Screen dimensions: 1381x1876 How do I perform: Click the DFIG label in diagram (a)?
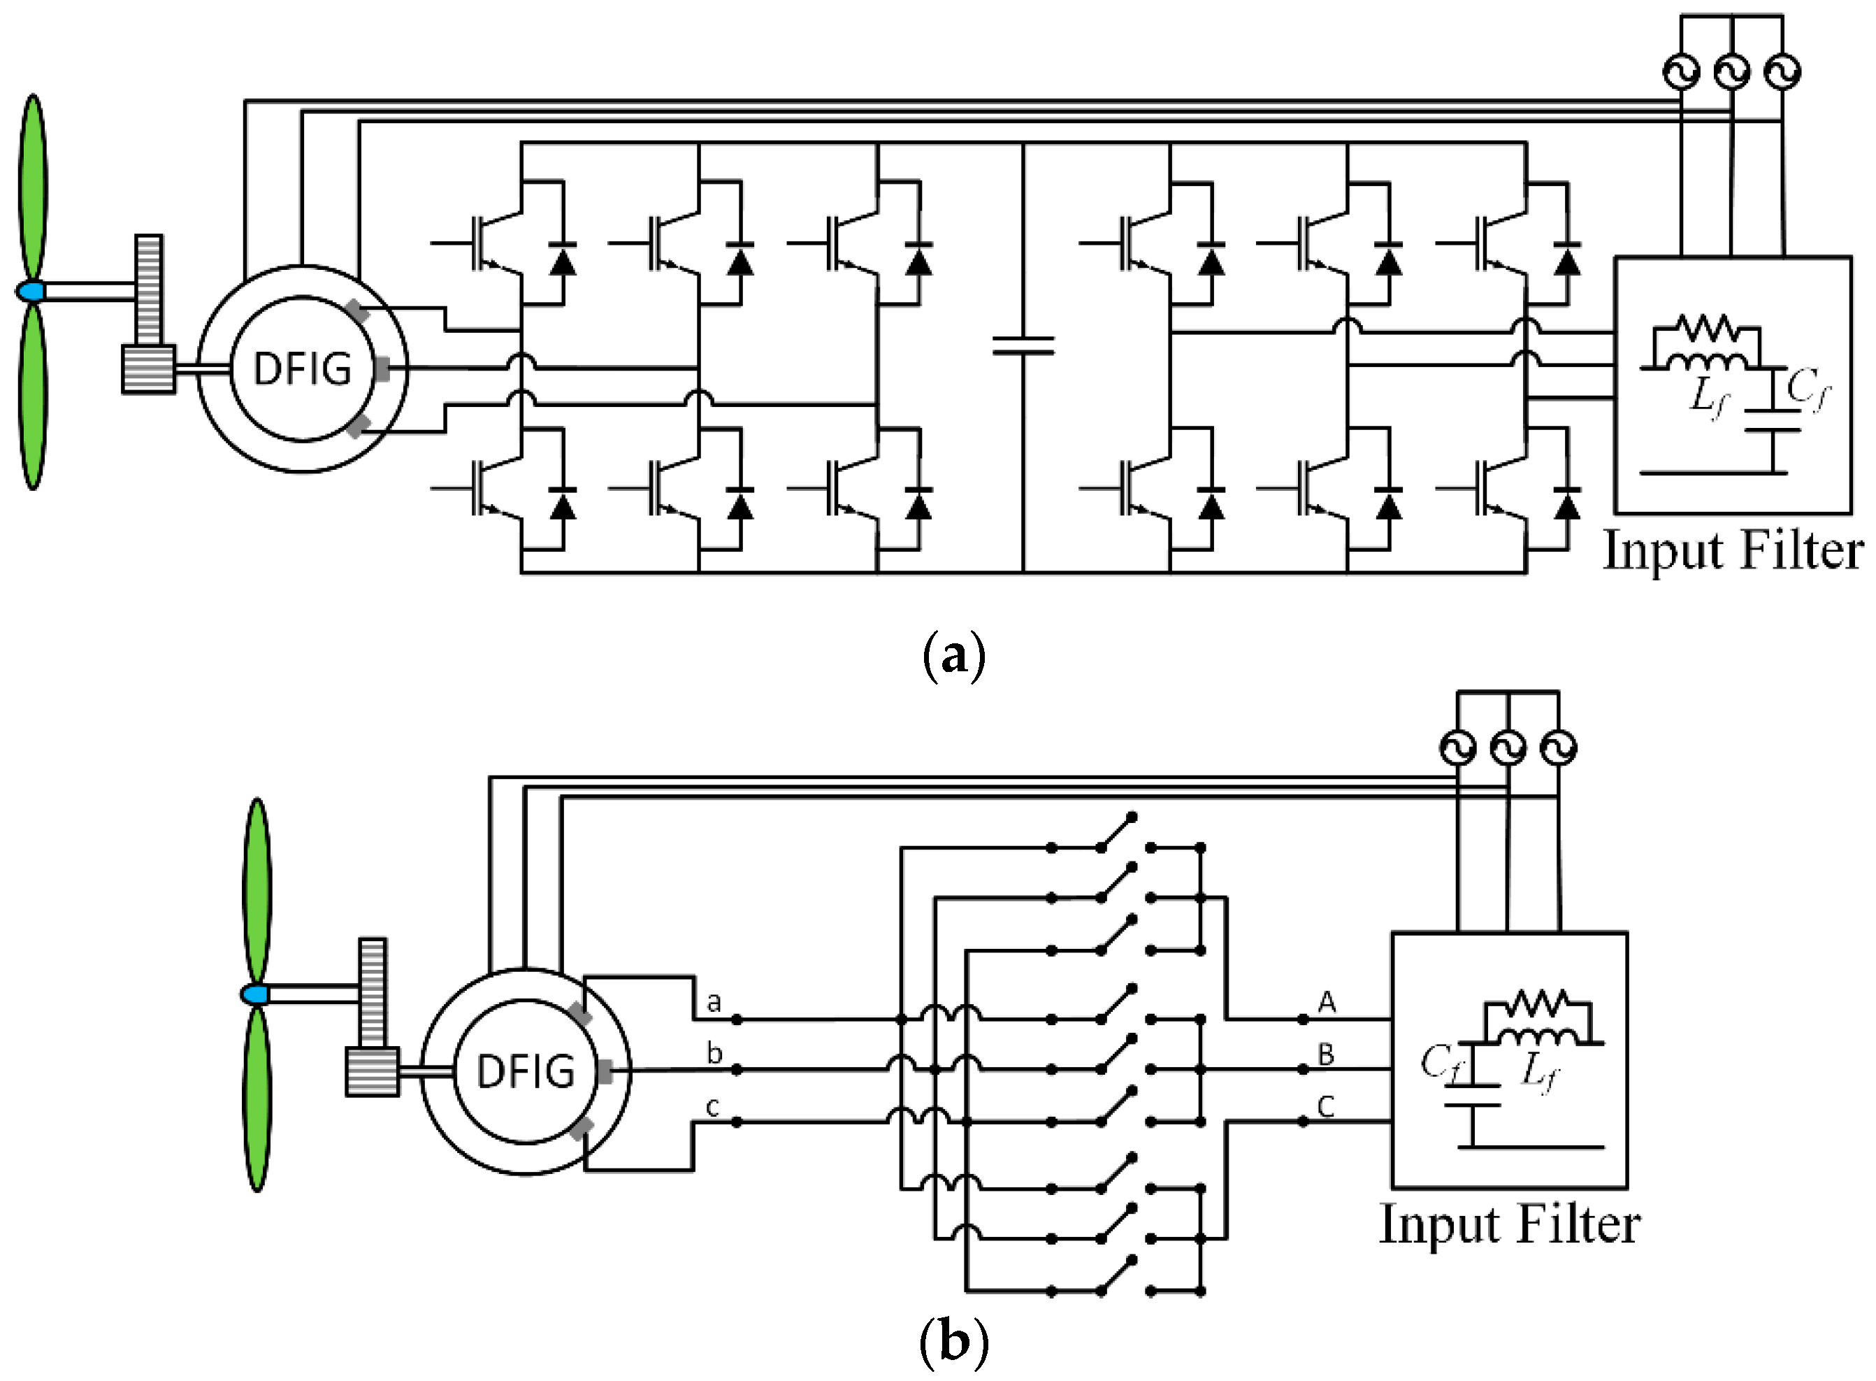302,368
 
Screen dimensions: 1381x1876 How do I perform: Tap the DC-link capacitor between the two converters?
1023,345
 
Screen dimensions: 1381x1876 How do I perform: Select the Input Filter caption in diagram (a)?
1732,551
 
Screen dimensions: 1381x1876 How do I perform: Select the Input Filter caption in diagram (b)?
1509,1224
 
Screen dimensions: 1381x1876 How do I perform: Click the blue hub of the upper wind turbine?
30,292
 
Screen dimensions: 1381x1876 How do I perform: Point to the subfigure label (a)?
953,656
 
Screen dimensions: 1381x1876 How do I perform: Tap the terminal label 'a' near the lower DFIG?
713,1001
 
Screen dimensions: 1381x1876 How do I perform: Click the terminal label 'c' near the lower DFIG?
712,1107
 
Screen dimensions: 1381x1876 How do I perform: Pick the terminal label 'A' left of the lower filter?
1326,1001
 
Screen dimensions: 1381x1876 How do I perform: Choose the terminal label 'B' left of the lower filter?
1326,1054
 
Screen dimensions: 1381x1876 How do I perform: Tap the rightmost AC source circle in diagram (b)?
1557,747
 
